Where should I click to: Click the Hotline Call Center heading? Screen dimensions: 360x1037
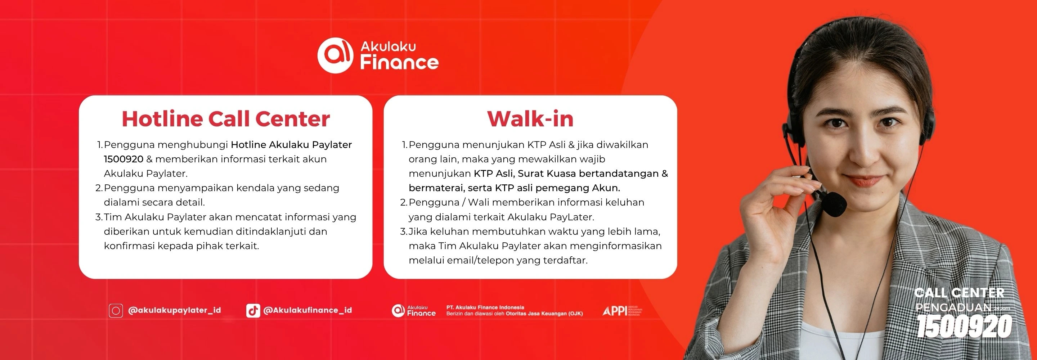225,119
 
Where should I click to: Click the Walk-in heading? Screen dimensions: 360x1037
530,119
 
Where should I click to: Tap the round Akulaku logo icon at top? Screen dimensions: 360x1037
335,55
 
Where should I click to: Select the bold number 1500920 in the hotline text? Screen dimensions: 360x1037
123,159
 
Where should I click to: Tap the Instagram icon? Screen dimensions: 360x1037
116,310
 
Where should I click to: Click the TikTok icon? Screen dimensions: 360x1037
253,310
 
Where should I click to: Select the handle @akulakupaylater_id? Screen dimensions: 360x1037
174,310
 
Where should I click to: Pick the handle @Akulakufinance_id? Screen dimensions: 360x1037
307,310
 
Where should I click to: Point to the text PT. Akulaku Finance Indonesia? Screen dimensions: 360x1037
485,307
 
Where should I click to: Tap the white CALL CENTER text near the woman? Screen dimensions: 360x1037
959,293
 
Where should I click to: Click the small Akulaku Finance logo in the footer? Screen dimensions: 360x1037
413,310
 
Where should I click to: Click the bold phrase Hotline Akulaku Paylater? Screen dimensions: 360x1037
291,145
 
